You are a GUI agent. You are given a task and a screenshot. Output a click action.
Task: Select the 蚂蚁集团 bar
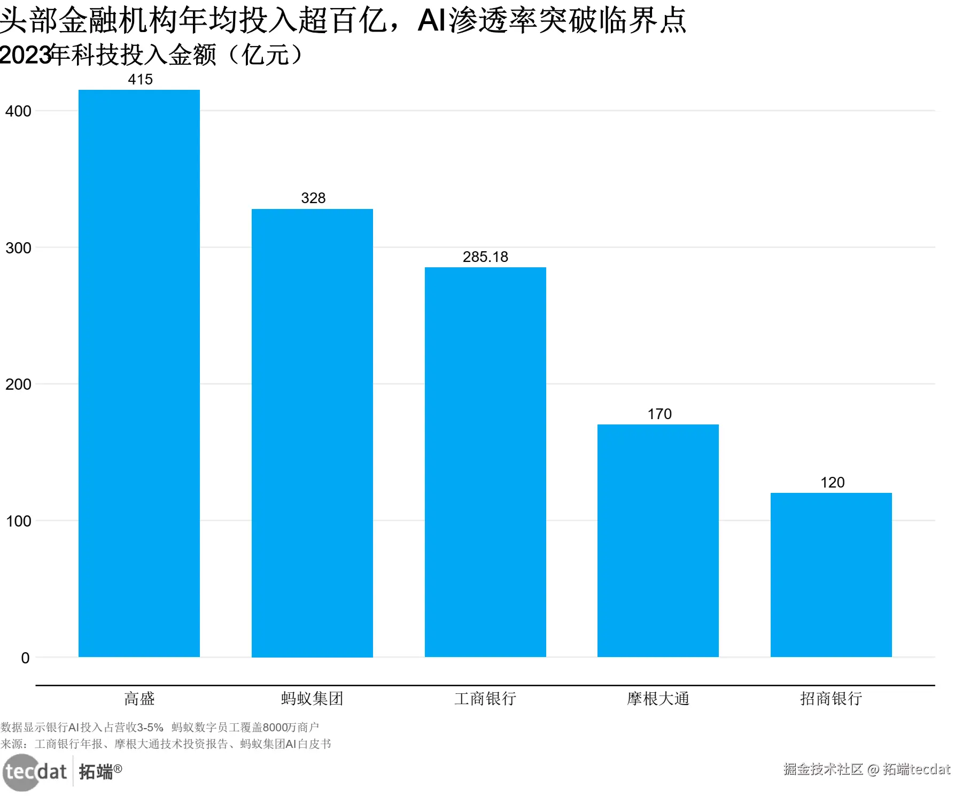coord(312,432)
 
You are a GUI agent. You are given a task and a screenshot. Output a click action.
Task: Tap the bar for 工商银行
coord(485,462)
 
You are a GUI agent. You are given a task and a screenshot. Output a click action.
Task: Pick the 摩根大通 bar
coord(658,540)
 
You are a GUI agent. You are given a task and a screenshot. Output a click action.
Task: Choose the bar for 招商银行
coord(831,575)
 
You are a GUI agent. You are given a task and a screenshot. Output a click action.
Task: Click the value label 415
coord(140,80)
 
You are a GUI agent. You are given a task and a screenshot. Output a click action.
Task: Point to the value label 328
coord(313,198)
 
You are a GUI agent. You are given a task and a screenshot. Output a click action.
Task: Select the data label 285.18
coord(485,257)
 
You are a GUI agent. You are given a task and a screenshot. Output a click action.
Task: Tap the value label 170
coord(659,414)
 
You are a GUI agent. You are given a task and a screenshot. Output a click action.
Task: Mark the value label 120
coord(832,483)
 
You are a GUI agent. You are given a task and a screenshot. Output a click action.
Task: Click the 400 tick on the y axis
coord(18,111)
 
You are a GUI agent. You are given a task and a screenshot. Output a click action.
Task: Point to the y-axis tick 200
coord(18,384)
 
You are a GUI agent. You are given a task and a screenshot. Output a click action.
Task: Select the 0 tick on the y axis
coord(25,658)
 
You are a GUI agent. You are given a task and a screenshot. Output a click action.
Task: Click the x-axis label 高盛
coord(139,699)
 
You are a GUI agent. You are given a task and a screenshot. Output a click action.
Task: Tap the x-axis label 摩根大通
coord(658,699)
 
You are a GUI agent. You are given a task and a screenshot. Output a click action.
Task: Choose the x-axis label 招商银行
coord(831,699)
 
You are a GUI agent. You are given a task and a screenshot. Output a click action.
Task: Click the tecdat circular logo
coord(21,772)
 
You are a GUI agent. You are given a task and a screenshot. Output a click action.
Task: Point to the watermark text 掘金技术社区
coord(823,769)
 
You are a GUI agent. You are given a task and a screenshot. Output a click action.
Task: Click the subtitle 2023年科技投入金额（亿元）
coord(152,55)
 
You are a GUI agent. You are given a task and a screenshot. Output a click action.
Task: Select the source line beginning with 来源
coord(166,744)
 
